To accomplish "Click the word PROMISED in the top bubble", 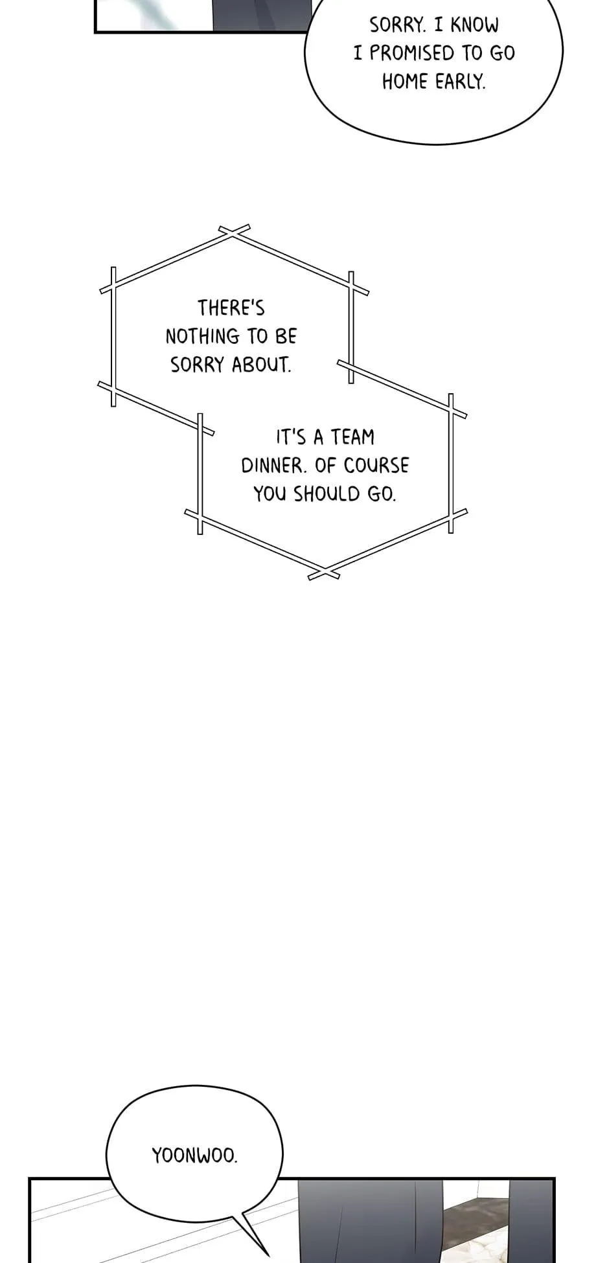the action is [412, 53].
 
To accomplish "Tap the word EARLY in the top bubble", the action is [460, 82].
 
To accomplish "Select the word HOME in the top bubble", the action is [405, 82].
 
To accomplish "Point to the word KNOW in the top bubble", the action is [474, 25].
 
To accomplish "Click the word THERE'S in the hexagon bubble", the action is [231, 308].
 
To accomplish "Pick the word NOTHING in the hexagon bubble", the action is [203, 336].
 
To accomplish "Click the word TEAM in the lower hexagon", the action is [353, 437].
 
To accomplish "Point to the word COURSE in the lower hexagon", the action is [376, 466].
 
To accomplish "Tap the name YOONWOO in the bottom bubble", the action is [194, 1155].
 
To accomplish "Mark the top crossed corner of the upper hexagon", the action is [233, 234].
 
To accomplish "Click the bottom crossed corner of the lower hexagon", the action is [323, 573].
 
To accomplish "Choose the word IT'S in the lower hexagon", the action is [291, 437].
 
